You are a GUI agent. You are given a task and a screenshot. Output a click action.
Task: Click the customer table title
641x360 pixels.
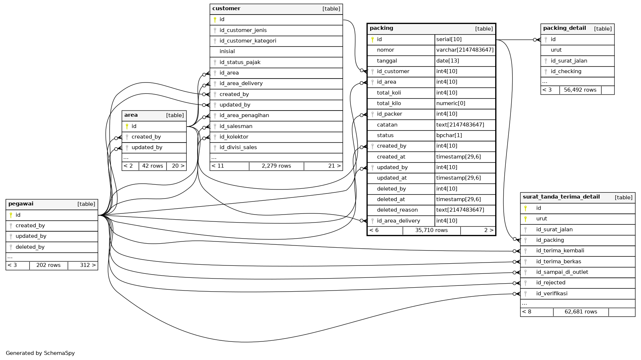(226, 8)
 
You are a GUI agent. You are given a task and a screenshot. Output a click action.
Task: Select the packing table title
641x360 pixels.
(381, 28)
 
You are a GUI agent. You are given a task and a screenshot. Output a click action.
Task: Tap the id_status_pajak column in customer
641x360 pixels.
(240, 62)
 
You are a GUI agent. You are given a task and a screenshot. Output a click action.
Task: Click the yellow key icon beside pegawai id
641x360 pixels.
(11, 215)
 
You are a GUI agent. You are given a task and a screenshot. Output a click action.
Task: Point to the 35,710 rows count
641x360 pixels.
(431, 230)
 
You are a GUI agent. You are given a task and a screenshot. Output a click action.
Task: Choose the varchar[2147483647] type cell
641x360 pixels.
(465, 50)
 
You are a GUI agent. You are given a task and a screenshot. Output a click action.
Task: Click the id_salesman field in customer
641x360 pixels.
(236, 126)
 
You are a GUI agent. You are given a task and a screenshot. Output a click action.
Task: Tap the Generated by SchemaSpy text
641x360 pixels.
(40, 353)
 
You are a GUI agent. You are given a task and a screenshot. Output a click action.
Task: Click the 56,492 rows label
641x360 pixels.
(580, 90)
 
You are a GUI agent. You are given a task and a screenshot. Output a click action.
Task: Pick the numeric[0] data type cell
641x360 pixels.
(450, 103)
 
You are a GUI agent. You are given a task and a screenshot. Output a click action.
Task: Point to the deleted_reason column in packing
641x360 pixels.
(397, 210)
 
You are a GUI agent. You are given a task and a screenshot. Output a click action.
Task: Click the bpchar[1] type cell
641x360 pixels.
(449, 135)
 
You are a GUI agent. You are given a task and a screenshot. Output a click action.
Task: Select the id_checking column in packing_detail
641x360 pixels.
(566, 71)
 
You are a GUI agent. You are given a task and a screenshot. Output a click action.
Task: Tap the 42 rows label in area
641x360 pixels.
(152, 166)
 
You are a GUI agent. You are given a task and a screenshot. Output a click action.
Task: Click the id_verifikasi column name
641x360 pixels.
(552, 293)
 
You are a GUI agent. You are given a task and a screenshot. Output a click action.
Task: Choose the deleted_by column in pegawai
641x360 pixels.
(30, 247)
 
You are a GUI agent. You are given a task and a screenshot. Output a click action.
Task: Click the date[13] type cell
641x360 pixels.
(448, 61)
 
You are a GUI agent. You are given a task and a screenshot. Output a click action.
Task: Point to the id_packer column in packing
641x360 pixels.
(389, 114)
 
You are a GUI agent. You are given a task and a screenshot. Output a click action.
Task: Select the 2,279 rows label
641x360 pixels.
(276, 166)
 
